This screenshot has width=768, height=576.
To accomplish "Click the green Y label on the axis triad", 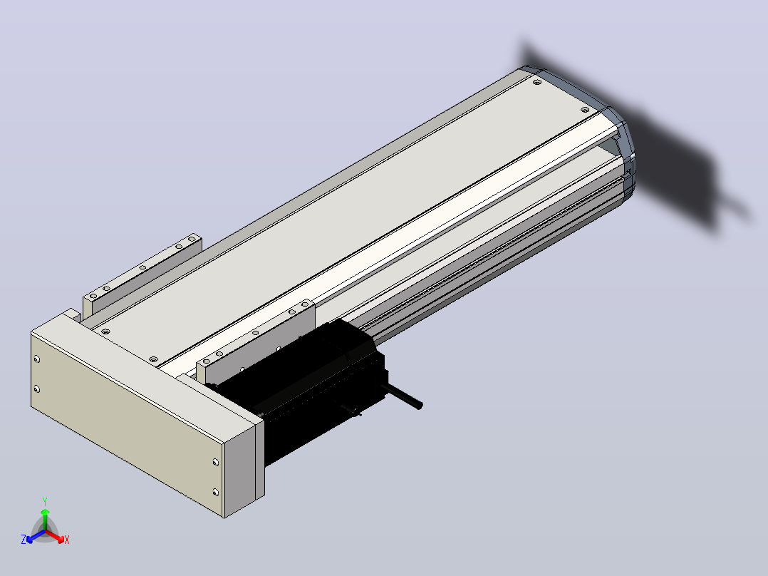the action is [45, 501].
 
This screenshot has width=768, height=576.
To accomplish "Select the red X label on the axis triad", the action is [67, 540].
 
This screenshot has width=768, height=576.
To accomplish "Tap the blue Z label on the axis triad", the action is [24, 539].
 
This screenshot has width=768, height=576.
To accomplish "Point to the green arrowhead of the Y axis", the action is [45, 512].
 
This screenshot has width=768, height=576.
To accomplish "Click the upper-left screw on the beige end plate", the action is [37, 359].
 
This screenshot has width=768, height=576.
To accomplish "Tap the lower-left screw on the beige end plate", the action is [37, 389].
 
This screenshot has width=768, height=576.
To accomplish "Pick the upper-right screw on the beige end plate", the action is [215, 462].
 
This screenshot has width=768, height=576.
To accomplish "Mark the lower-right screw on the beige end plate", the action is [215, 492].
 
